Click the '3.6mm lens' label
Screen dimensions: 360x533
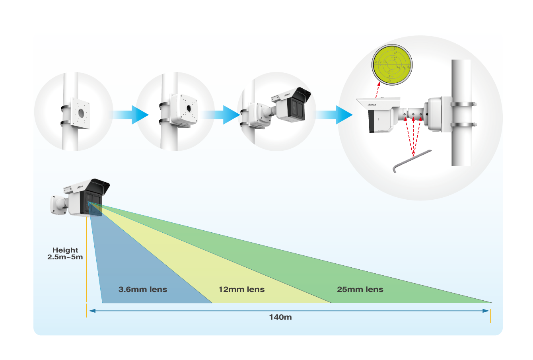point(143,290)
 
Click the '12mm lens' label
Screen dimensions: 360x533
point(241,290)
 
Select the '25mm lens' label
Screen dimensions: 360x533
point(360,290)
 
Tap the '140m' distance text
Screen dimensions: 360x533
point(280,317)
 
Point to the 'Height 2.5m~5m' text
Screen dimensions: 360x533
point(65,253)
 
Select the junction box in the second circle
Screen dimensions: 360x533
point(185,109)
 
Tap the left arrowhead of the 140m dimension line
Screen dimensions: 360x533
point(92,311)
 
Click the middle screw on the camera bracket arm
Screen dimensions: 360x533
point(413,115)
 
